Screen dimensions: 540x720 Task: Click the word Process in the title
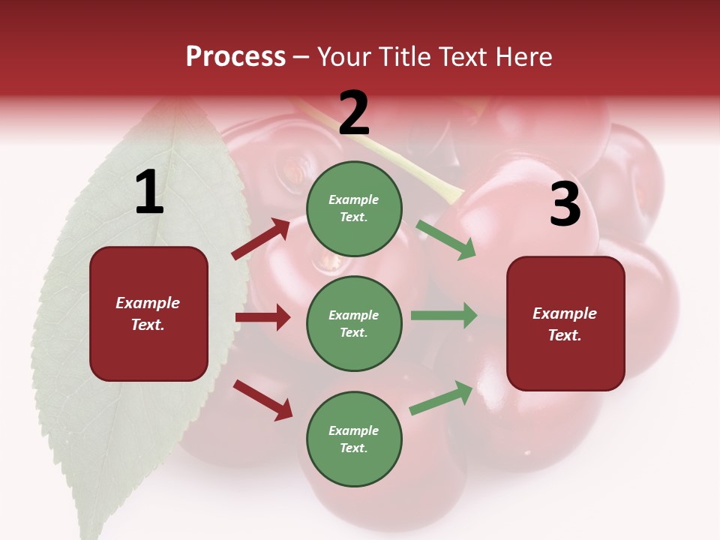click(x=235, y=56)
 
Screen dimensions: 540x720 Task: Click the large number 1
click(x=148, y=193)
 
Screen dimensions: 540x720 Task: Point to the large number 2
click(x=354, y=113)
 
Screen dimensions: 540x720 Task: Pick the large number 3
click(x=565, y=205)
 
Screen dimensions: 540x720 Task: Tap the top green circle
click(x=354, y=208)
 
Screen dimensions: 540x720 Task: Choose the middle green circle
click(x=354, y=324)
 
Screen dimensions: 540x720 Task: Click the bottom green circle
click(x=354, y=439)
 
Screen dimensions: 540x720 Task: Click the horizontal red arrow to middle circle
click(x=262, y=317)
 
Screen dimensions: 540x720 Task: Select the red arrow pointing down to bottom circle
click(x=262, y=399)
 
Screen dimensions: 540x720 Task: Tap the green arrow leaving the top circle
click(x=446, y=239)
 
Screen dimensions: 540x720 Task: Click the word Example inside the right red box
click(x=565, y=313)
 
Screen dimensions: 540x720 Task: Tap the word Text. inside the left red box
click(x=148, y=325)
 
